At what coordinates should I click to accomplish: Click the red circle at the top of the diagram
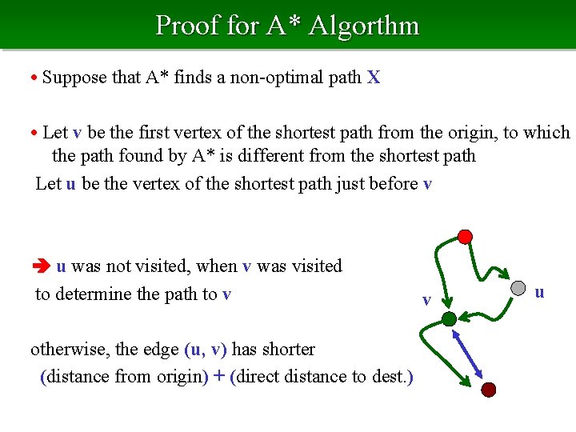point(465,237)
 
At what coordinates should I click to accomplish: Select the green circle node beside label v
point(449,318)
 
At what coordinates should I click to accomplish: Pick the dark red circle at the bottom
point(488,390)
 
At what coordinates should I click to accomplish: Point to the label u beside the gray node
point(539,292)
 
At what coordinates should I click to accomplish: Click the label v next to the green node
point(427,300)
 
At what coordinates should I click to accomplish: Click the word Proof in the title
point(188,26)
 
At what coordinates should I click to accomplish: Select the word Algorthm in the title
point(364,26)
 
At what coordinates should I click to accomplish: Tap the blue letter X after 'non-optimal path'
point(374,78)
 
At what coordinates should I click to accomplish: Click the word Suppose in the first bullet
point(70,78)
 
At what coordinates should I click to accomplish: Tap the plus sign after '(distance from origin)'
point(218,376)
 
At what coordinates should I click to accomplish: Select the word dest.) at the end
point(393,376)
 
